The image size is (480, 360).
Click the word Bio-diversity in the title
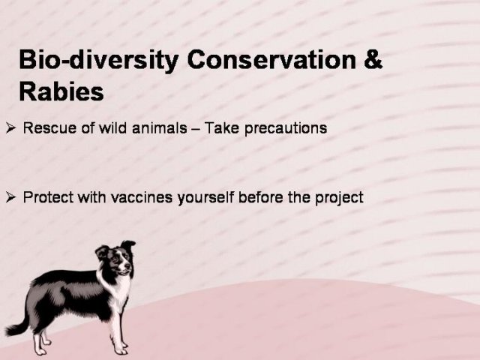pyautogui.click(x=98, y=60)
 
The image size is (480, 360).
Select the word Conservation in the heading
pyautogui.click(x=271, y=59)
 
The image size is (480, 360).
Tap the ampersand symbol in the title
pyautogui.click(x=373, y=59)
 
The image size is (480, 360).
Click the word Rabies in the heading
pyautogui.click(x=61, y=91)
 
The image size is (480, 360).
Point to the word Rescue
pyautogui.click(x=49, y=127)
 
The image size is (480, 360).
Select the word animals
pyautogui.click(x=159, y=127)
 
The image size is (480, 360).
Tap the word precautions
pyautogui.click(x=286, y=128)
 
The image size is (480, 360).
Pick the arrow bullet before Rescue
pyautogui.click(x=10, y=128)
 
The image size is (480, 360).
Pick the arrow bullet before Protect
pyautogui.click(x=10, y=198)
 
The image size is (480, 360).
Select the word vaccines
pyautogui.click(x=142, y=197)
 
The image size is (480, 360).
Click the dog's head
pyautogui.click(x=115, y=258)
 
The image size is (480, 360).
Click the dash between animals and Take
pyautogui.click(x=196, y=129)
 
